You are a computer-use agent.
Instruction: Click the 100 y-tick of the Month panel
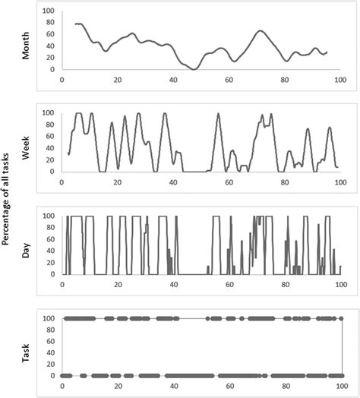pyautogui.click(x=48, y=11)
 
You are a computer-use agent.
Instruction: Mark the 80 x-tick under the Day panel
pyautogui.click(x=285, y=283)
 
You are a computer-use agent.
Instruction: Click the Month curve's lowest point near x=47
pyautogui.click(x=194, y=69)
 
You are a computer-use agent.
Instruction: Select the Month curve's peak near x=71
pyautogui.click(x=260, y=31)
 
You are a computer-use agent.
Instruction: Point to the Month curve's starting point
pyautogui.click(x=75, y=24)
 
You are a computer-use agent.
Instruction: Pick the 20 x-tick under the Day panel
pyautogui.click(x=117, y=283)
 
